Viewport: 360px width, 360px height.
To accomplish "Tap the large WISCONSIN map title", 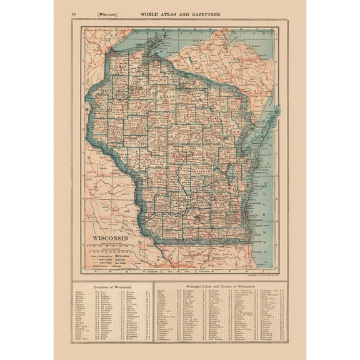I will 111,238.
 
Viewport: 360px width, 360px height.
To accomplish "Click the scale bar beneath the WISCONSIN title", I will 111,246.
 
